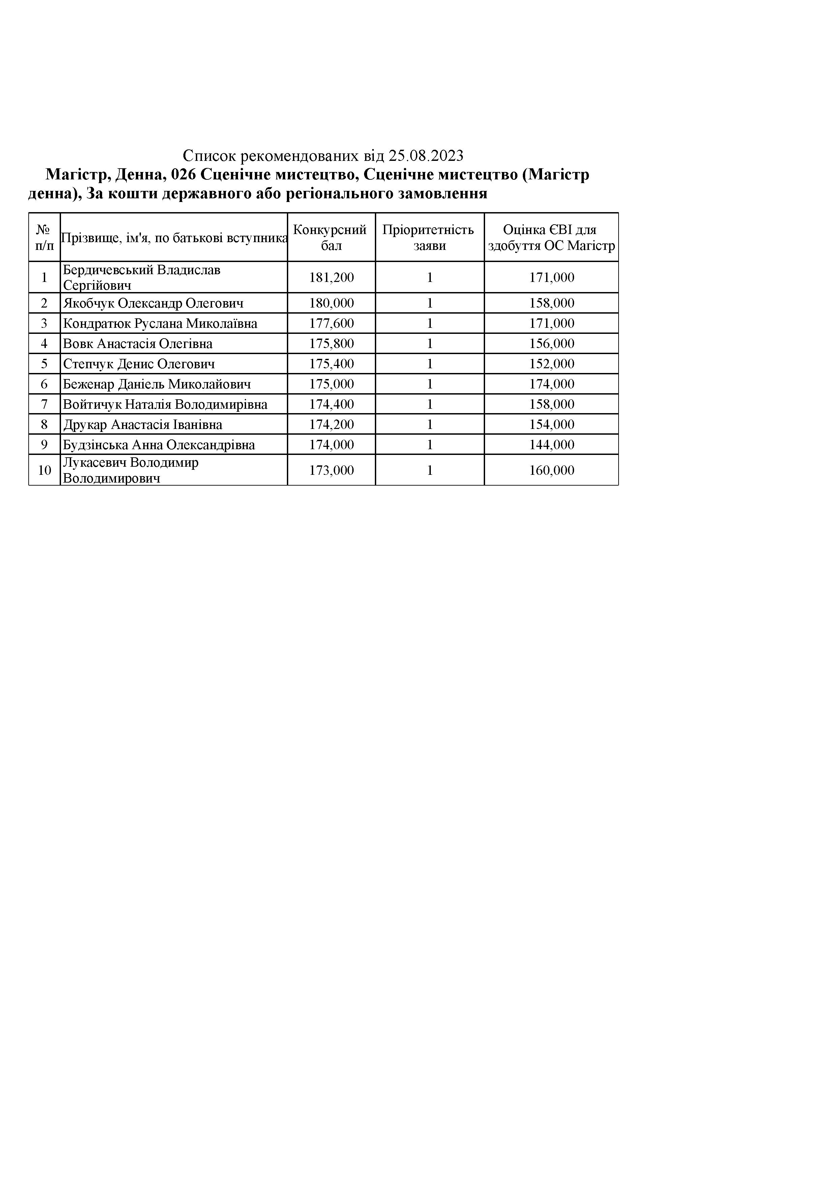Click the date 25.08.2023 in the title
point(426,155)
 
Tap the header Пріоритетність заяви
point(429,237)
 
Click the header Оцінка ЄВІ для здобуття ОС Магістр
point(551,237)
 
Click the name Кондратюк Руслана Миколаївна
point(160,324)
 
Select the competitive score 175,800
point(331,344)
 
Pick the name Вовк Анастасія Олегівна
point(138,344)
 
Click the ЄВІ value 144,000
point(552,445)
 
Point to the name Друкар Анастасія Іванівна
point(142,425)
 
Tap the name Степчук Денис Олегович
point(139,364)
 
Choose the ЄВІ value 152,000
point(552,364)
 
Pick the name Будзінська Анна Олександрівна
point(159,445)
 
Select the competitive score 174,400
point(331,404)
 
